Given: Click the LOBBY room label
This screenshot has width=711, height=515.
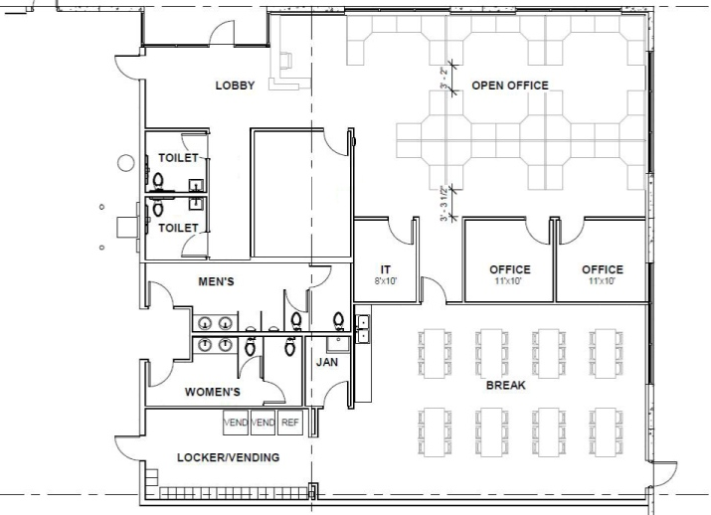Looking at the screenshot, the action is tap(235, 86).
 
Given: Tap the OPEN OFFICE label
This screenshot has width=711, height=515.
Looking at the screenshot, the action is tap(510, 86).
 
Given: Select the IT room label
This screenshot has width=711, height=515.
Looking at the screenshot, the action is tap(386, 269).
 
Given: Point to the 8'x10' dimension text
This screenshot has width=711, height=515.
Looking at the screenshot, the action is tap(386, 281).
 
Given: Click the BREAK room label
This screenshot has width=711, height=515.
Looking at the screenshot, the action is tap(506, 386).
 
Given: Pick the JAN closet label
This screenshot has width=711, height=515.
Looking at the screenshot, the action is tap(327, 362).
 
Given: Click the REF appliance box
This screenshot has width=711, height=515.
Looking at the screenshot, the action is tap(290, 423).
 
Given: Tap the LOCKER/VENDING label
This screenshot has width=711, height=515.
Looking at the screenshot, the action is tap(228, 457).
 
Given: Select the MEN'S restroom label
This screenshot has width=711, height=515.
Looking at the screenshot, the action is tap(217, 281).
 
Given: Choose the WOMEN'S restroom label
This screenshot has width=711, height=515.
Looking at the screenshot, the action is tap(212, 392).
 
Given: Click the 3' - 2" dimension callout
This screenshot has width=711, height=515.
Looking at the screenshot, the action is tap(444, 78).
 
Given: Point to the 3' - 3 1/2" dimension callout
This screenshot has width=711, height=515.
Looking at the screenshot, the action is tap(444, 203).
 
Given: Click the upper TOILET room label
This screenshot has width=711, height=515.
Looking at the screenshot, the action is tap(178, 158).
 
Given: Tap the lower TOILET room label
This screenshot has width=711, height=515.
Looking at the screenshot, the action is tap(178, 228).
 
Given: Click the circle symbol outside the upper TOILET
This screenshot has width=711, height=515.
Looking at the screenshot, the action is tap(125, 163).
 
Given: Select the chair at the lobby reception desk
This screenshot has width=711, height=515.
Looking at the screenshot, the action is tap(286, 61).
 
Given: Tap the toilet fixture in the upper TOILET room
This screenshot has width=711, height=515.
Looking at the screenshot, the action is tap(158, 181).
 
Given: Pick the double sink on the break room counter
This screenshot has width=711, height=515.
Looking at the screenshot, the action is tap(362, 329).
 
